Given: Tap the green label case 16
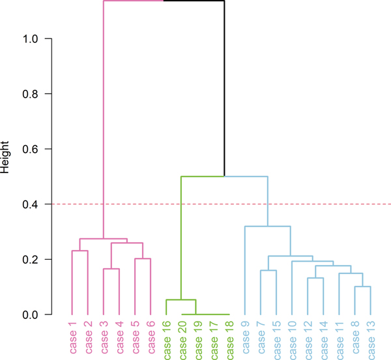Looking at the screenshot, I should coord(167,337).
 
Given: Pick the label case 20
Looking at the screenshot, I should coord(182,337).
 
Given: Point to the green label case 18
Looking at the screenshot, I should coord(229,337).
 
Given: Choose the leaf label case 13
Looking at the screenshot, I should coord(371,337).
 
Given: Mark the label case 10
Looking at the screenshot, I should coord(292,337).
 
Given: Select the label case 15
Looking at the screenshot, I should coord(276,337).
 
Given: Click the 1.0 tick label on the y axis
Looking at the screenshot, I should coord(33,39).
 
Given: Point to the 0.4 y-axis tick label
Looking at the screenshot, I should coord(33,204).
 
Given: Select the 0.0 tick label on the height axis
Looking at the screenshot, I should coord(33,315).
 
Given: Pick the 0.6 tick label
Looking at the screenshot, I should coord(33,149).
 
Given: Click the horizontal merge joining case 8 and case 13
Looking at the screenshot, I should coord(363,286).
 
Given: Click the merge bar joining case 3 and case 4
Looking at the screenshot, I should coord(111,269).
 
